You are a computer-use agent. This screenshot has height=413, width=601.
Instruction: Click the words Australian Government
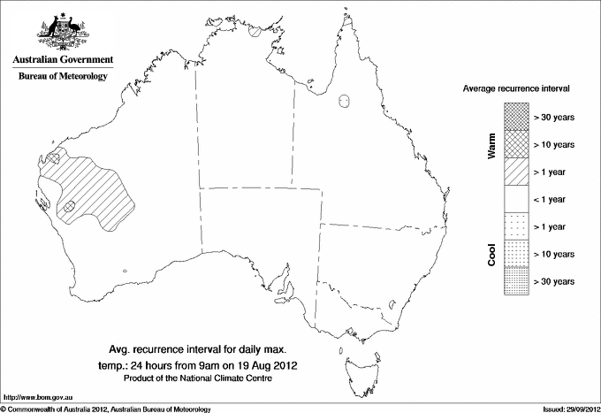63,60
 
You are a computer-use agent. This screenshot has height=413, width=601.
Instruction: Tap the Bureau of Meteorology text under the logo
63,77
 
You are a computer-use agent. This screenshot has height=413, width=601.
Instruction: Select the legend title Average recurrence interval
516,89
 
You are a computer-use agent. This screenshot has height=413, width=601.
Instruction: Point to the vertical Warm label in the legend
491,144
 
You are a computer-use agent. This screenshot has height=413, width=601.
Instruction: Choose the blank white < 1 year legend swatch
516,199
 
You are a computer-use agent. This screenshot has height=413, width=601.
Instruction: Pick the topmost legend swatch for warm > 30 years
516,117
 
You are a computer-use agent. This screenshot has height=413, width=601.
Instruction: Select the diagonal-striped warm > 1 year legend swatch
516,172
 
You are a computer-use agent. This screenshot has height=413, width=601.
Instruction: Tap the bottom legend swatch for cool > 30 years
516,281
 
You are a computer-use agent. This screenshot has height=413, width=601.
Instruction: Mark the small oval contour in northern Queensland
346,102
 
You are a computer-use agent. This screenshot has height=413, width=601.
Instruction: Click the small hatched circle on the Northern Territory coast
255,29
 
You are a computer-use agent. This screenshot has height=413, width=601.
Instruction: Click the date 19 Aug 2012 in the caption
267,364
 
